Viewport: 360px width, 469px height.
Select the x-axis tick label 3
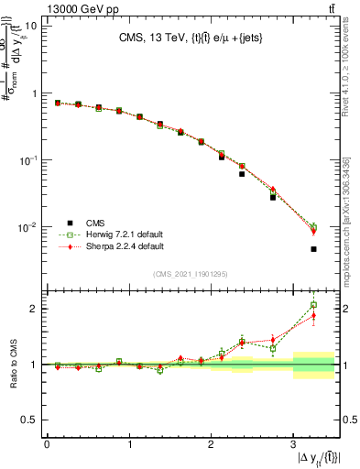click(292, 445)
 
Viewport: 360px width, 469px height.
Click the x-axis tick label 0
click(47, 445)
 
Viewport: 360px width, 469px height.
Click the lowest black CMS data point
click(313, 249)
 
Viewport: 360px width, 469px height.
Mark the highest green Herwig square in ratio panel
click(313, 305)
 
